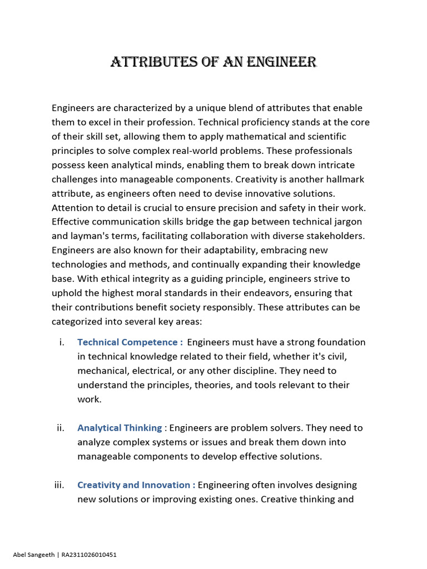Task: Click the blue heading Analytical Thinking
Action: click(x=120, y=428)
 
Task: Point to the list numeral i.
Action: click(x=61, y=342)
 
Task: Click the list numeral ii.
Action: click(x=60, y=428)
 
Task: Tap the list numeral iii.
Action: click(x=59, y=485)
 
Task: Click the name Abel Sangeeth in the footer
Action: click(x=34, y=555)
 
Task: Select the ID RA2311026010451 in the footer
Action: click(x=88, y=555)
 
